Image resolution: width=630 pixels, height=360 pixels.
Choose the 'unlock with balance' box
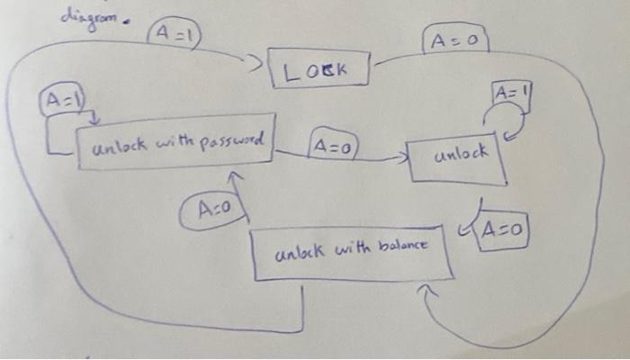[x=350, y=253]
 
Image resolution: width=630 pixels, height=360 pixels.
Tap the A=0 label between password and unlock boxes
[x=333, y=144]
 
